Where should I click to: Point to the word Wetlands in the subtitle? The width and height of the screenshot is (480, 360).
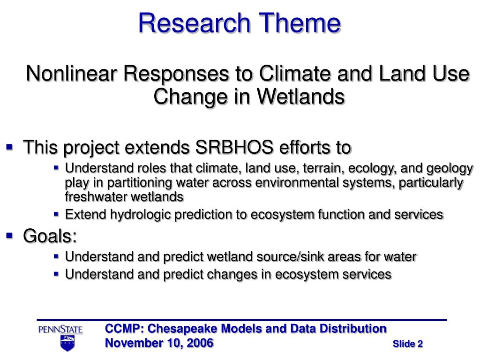point(301,97)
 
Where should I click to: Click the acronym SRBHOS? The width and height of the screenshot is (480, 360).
point(234,147)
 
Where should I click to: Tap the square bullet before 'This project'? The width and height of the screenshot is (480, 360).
point(9,147)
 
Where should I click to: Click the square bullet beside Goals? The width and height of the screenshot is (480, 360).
point(9,236)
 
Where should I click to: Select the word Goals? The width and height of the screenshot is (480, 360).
point(50,236)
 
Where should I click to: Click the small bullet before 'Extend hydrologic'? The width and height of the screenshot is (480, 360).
point(56,214)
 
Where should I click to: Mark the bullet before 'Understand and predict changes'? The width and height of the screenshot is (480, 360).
point(56,274)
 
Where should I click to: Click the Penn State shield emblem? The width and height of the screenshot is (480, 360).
point(67,343)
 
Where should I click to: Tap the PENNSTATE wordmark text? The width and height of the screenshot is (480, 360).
point(60,330)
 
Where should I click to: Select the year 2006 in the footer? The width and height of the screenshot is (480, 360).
point(200,343)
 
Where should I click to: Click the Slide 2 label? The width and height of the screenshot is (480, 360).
point(408,344)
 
